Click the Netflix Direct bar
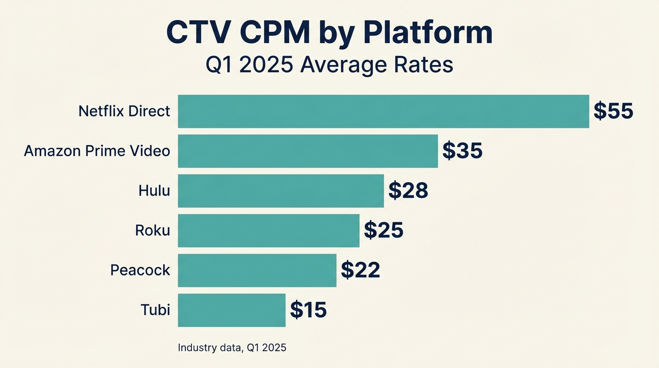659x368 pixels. coord(383,111)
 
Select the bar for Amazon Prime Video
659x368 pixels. coord(307,151)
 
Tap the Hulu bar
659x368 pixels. coord(281,191)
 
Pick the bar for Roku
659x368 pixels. coord(268,230)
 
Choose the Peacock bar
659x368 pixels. coord(257,270)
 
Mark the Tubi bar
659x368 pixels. coord(231,310)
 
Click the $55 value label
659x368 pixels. coord(613,111)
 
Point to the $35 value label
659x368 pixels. coord(462,151)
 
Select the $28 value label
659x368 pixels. coord(408,191)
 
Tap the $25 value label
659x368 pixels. coord(384,230)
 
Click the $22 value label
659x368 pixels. coord(360,270)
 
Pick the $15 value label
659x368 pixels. coord(308,310)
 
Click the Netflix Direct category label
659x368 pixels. coord(124,111)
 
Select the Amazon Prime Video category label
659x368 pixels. coord(97,151)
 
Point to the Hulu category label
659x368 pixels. coord(154,191)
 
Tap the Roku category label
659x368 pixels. coord(152,230)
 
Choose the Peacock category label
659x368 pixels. coord(140,270)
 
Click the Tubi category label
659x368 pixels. coord(155,310)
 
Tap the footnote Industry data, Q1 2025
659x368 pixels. coord(232,347)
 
